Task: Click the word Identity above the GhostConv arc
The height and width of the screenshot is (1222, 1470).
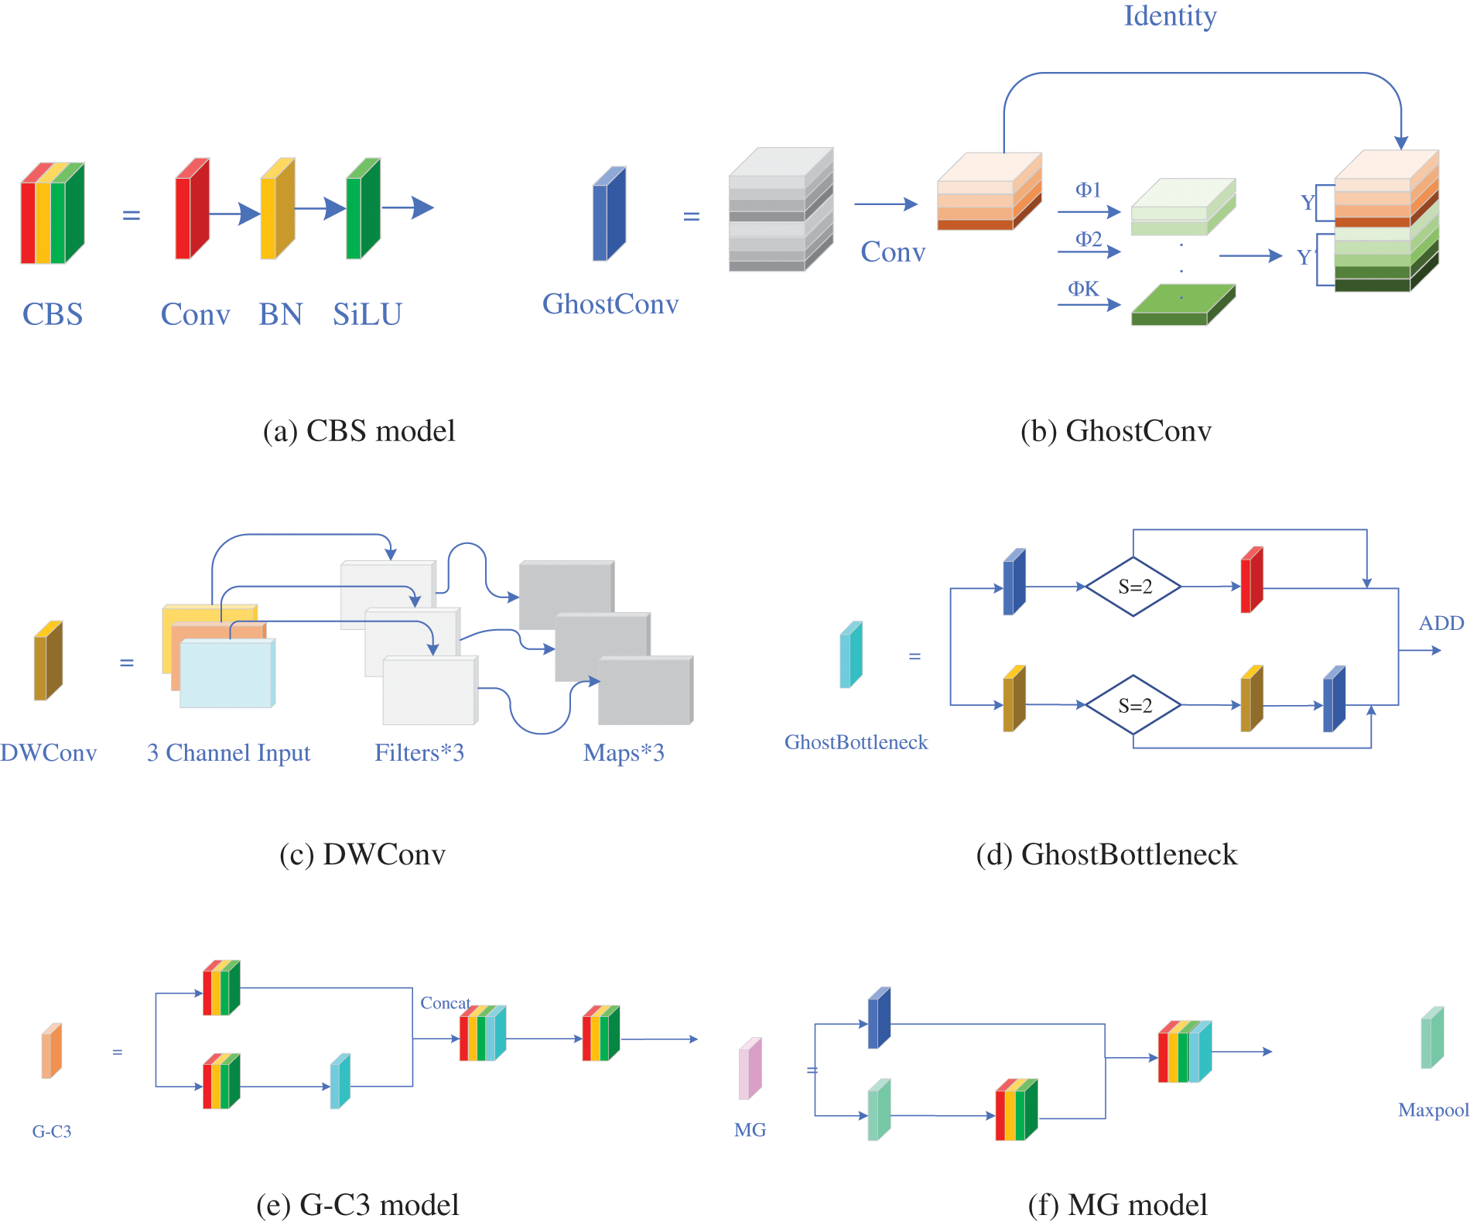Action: coord(1170,16)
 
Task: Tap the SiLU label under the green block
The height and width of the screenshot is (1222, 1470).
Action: coord(367,314)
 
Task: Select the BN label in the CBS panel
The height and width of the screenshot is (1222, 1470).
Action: coord(280,314)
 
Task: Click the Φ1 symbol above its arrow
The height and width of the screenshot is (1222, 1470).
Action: coord(1088,190)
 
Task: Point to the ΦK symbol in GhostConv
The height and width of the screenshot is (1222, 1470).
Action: coord(1083,289)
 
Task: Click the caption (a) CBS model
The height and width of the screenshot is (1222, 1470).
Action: coord(359,431)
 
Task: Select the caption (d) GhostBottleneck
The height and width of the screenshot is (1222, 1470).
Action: coord(1106,854)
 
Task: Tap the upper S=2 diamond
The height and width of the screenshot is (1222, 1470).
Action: coord(1134,587)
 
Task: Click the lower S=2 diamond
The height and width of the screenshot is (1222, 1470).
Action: coord(1134,705)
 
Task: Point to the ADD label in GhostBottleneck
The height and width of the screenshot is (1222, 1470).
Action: coord(1441,623)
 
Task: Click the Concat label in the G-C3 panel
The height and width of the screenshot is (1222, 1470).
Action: coord(445,1003)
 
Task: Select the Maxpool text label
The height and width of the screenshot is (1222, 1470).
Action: coord(1433,1110)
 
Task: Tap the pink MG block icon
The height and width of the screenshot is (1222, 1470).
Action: coord(750,1069)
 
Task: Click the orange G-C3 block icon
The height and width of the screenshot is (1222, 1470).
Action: coord(51,1050)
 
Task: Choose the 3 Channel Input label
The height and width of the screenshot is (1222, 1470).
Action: coord(228,752)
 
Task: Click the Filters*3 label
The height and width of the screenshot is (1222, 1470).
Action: coord(419,752)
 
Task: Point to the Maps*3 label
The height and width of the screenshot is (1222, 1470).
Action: coord(624,752)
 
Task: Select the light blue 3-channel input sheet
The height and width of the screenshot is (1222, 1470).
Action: coord(227,673)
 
